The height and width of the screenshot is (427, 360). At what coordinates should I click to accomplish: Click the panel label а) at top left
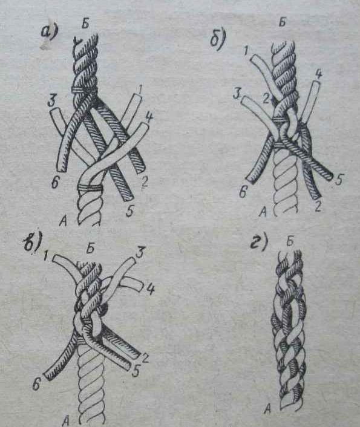pyautogui.click(x=49, y=32)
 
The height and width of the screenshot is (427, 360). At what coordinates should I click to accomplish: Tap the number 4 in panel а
pyautogui.click(x=149, y=118)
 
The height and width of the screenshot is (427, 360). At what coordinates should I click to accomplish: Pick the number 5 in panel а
pyautogui.click(x=130, y=210)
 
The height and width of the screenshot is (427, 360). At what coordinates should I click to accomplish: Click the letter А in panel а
pyautogui.click(x=63, y=222)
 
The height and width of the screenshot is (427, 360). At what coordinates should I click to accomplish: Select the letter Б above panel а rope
pyautogui.click(x=85, y=24)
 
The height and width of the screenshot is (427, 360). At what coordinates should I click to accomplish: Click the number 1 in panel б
pyautogui.click(x=246, y=51)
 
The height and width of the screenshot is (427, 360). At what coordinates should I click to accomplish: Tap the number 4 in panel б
pyautogui.click(x=318, y=74)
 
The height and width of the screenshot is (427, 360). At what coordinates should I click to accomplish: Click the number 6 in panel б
pyautogui.click(x=243, y=193)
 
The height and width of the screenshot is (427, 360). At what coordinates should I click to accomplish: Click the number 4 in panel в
pyautogui.click(x=151, y=289)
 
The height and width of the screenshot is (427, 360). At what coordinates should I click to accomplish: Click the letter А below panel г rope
pyautogui.click(x=267, y=408)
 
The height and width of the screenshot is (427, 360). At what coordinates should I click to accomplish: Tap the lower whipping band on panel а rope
pyautogui.click(x=90, y=187)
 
